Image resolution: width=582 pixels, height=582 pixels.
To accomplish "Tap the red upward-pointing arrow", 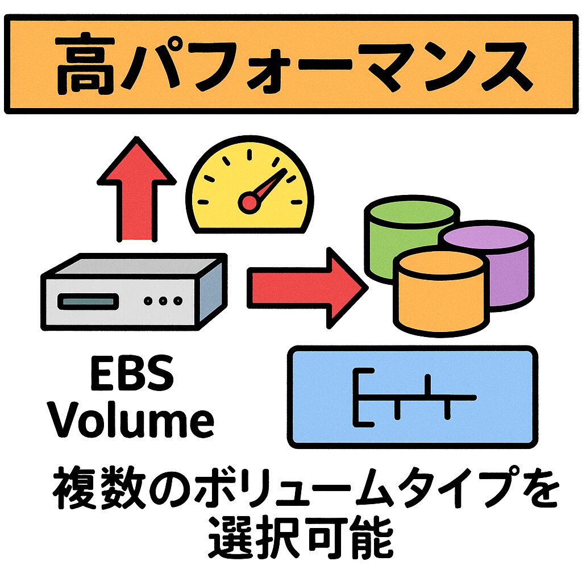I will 136,188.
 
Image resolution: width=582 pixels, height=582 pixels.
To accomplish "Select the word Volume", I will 131,421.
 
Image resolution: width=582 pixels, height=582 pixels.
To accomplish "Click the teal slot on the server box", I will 91,301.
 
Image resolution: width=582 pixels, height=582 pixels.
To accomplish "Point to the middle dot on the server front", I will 163,301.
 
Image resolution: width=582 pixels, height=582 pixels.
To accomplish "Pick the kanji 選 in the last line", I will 231,537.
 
